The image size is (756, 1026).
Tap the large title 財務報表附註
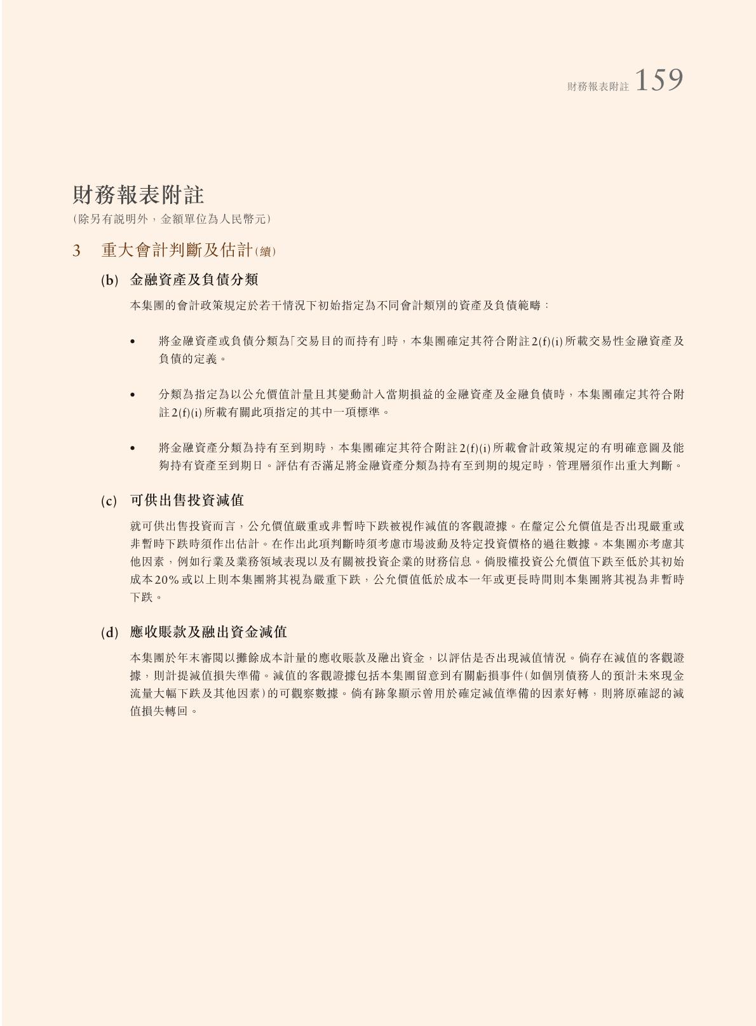pyautogui.click(x=138, y=194)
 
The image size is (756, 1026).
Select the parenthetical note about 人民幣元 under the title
pyautogui.click(x=172, y=219)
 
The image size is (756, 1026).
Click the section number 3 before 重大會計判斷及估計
pyautogui.click(x=76, y=251)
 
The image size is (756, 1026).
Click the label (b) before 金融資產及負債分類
pyautogui.click(x=109, y=280)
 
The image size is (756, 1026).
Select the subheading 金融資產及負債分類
pyautogui.click(x=194, y=280)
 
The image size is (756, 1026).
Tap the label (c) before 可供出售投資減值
pyautogui.click(x=109, y=501)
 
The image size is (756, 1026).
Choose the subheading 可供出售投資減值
pyautogui.click(x=187, y=501)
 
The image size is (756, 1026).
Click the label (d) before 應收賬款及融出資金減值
pyautogui.click(x=109, y=633)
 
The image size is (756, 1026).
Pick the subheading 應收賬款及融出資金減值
pyautogui.click(x=208, y=632)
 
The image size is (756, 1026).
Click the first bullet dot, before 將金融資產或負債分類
pyautogui.click(x=133, y=342)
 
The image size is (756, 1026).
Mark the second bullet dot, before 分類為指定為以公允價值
pyautogui.click(x=133, y=395)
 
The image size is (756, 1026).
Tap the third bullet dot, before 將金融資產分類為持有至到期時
pyautogui.click(x=133, y=449)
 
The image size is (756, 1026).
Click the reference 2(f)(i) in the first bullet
pyautogui.click(x=547, y=342)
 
